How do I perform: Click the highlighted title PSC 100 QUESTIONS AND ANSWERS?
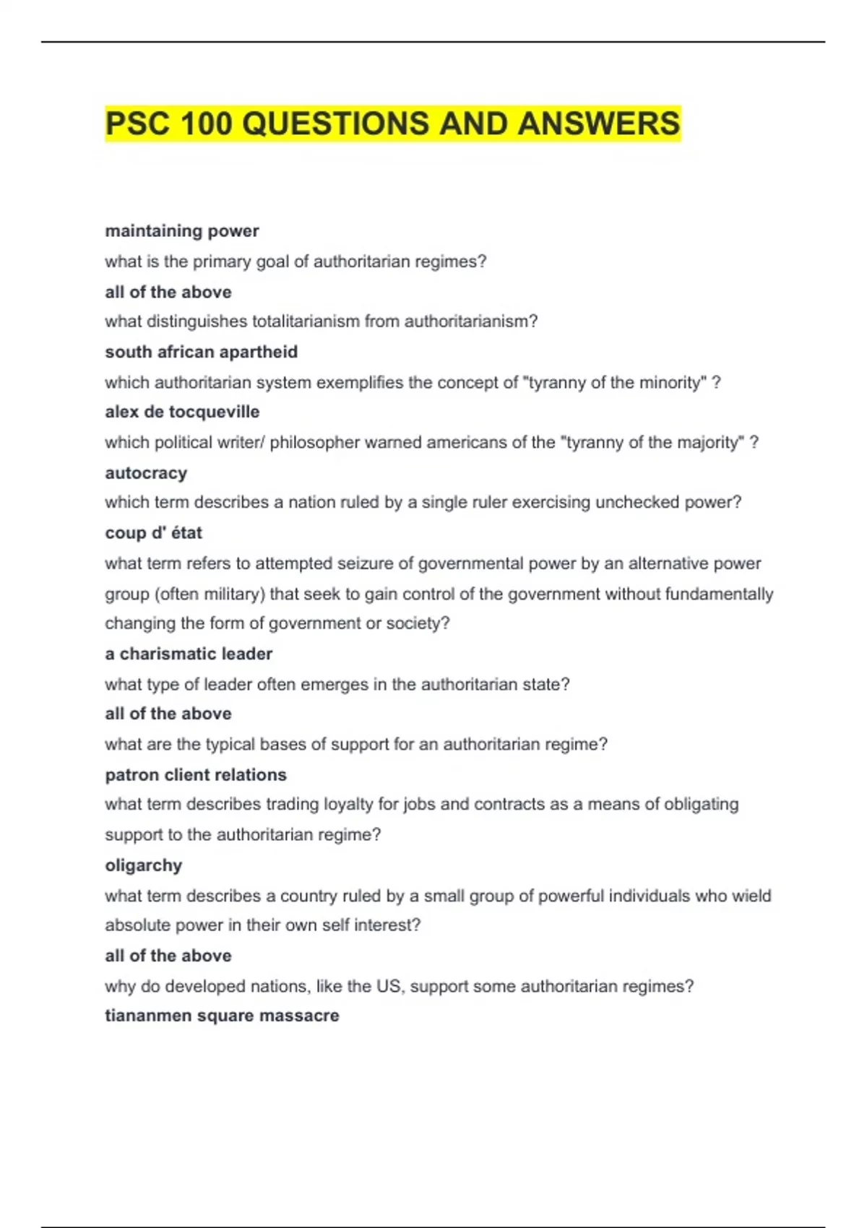click(392, 124)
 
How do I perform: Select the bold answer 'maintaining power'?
click(182, 231)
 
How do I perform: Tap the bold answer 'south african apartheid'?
click(201, 352)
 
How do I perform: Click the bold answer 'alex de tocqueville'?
click(182, 412)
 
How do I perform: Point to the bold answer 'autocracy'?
click(146, 473)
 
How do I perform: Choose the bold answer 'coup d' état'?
click(153, 533)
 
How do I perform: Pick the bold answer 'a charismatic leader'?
click(189, 654)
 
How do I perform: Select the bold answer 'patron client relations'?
click(196, 775)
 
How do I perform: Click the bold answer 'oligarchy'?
click(143, 865)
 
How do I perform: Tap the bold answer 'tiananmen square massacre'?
click(222, 1016)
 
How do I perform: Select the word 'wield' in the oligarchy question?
click(751, 896)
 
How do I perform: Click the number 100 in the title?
click(207, 124)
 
